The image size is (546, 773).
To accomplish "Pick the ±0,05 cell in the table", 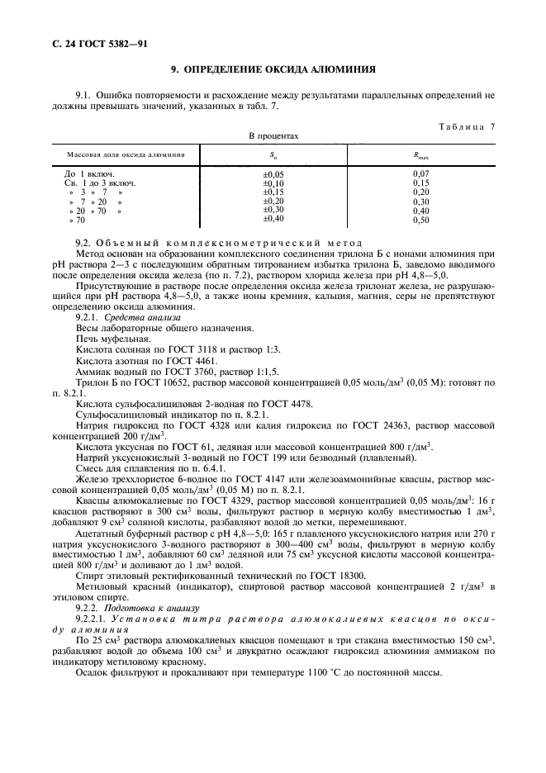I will click(273, 174).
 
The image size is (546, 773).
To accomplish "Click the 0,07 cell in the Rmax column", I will click(421, 174).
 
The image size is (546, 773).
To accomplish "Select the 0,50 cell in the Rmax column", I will click(421, 221).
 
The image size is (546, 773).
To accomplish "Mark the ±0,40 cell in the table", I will click(273, 219).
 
